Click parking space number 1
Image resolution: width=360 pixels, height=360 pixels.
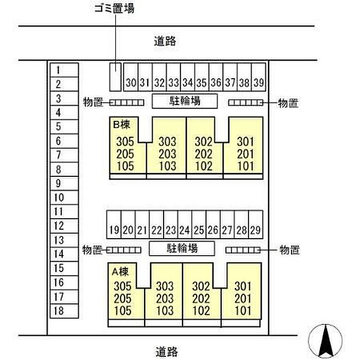[x=63, y=70]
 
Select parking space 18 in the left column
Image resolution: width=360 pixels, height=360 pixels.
[x=63, y=311]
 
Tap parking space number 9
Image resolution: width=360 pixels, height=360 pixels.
[x=63, y=183]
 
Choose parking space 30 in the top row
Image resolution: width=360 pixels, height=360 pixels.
[x=131, y=82]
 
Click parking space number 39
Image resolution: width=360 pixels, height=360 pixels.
[x=259, y=82]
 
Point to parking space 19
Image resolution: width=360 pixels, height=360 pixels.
[x=114, y=230]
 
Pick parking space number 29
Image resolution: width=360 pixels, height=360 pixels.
[x=254, y=230]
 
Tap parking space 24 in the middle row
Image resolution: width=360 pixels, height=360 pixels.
[x=184, y=230]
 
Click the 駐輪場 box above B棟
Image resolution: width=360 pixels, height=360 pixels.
[x=185, y=101]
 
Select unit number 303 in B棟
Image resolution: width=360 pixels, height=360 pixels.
[x=167, y=141]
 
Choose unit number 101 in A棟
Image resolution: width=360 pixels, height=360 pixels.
[x=242, y=311]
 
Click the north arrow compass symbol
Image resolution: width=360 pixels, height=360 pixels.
[x=325, y=340]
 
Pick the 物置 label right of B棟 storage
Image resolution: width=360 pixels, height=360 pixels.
[x=288, y=103]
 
